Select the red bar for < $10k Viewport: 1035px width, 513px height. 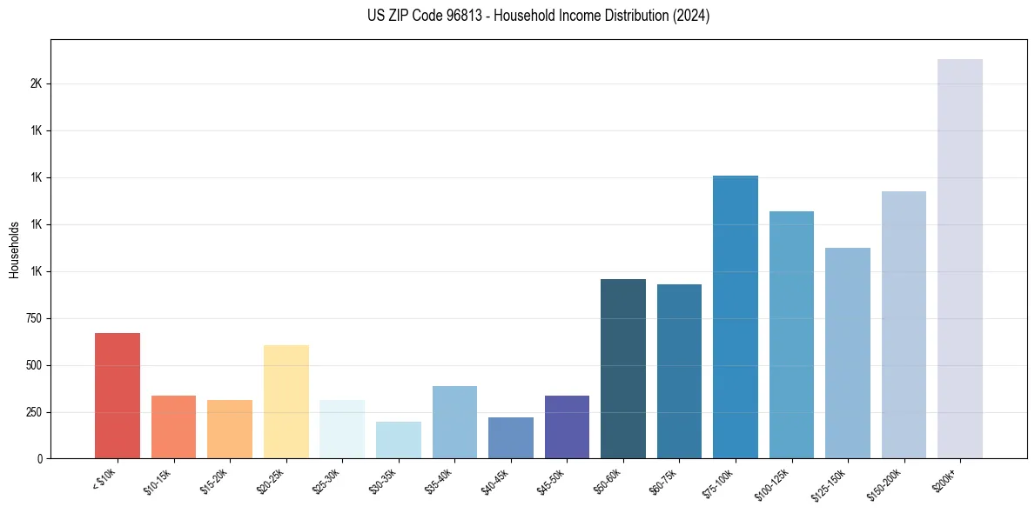click(x=118, y=396)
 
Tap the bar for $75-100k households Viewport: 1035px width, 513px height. click(x=736, y=316)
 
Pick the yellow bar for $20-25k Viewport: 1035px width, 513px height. click(x=286, y=402)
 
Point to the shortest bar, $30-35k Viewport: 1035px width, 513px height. click(x=399, y=440)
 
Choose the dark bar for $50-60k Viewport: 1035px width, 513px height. click(x=623, y=369)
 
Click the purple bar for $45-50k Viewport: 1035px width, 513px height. click(x=567, y=427)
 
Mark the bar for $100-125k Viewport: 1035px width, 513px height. click(x=791, y=335)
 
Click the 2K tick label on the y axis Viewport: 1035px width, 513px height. click(x=36, y=84)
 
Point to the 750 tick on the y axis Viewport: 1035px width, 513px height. click(x=32, y=318)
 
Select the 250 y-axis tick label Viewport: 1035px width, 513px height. click(x=32, y=412)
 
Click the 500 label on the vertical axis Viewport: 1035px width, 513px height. click(x=32, y=365)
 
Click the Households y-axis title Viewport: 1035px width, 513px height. click(x=14, y=250)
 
